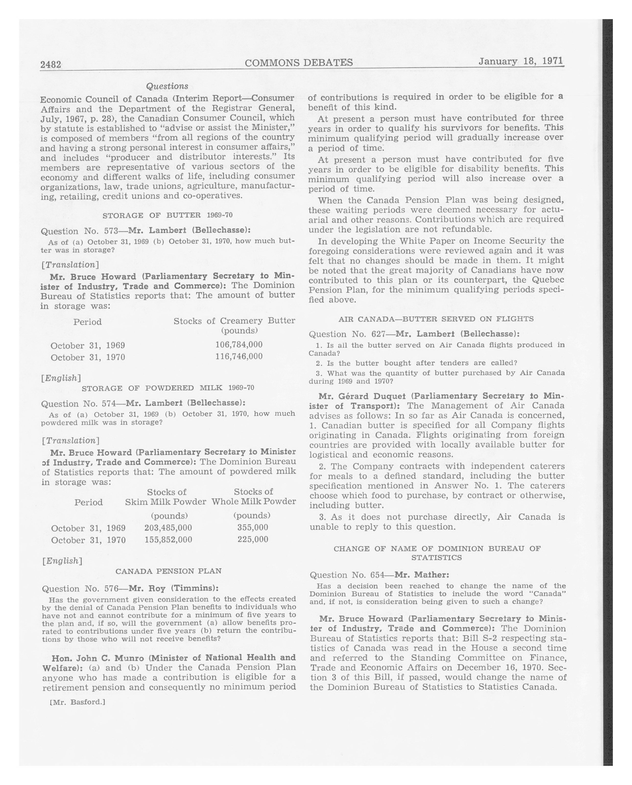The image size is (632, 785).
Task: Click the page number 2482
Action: (x=51, y=65)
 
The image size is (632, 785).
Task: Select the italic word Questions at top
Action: (x=167, y=86)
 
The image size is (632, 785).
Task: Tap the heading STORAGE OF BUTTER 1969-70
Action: (x=168, y=215)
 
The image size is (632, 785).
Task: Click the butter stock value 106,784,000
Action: (x=239, y=345)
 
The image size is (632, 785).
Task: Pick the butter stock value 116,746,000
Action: (x=239, y=356)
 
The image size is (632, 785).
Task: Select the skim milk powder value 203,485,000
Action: (x=168, y=528)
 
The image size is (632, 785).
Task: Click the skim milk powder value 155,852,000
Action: (x=168, y=539)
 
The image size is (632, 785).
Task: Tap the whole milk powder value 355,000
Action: (x=253, y=527)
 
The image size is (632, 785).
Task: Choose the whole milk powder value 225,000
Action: (x=253, y=539)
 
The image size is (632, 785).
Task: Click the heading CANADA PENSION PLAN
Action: (x=168, y=571)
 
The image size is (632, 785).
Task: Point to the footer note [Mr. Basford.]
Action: (x=77, y=702)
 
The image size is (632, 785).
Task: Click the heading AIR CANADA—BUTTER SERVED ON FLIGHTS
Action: (x=436, y=319)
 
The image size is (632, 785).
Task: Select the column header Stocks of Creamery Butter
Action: (x=234, y=321)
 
